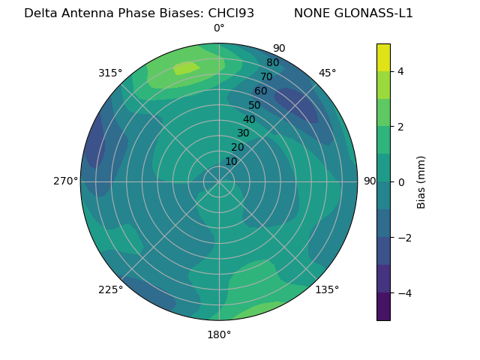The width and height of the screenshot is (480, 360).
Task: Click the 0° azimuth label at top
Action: point(219,28)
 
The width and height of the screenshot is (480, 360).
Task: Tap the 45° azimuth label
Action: point(327,73)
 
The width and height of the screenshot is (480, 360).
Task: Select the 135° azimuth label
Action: point(327,289)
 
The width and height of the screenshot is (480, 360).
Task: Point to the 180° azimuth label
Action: point(219,334)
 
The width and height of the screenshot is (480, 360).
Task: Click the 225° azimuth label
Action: point(110,289)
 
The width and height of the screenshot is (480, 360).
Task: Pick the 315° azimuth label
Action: point(110,73)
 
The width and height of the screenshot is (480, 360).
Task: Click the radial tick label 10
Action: point(231,161)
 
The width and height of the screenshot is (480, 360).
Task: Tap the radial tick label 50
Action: point(254,105)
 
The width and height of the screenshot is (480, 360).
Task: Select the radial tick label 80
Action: point(272,62)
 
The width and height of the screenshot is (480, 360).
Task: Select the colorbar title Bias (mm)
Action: point(421,181)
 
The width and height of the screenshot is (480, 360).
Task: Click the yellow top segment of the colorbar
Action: point(383,57)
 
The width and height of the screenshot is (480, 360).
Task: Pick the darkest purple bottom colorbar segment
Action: point(383,306)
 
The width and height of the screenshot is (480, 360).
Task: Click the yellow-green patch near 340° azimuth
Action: point(186,68)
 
